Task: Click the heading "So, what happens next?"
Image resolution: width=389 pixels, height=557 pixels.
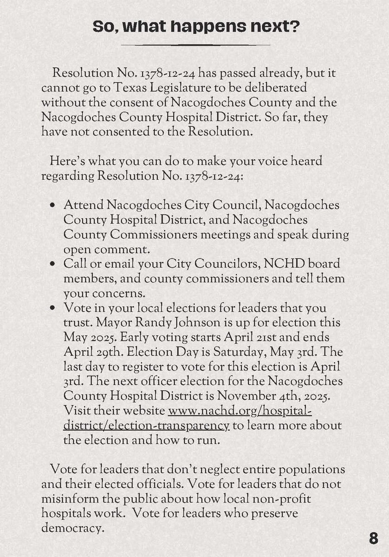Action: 195,26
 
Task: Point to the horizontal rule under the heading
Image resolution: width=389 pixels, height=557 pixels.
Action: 195,45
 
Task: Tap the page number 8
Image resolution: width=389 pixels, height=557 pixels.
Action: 374,538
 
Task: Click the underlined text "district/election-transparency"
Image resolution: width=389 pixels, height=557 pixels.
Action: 146,425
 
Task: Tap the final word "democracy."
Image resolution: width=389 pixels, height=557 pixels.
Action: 71,528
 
